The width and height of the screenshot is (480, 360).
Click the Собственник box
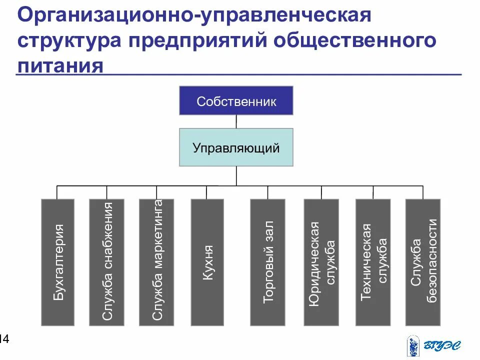tap(236, 100)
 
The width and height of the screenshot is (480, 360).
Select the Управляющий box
tap(236, 147)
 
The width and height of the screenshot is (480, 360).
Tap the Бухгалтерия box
tap(57, 262)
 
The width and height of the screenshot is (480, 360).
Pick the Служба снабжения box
tap(106, 262)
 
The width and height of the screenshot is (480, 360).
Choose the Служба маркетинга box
tap(156, 262)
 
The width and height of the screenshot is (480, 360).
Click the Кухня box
tap(207, 262)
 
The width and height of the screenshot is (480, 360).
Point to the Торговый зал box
tap(267, 262)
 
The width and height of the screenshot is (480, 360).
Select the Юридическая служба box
tap(321, 262)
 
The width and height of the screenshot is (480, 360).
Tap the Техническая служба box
tap(372, 262)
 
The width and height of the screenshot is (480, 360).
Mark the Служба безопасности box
tap(423, 262)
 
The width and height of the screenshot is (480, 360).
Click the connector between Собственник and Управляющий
tap(236, 121)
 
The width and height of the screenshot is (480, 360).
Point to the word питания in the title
tap(60, 65)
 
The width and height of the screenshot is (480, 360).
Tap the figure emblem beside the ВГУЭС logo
tap(413, 345)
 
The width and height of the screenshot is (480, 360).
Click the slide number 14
tap(4, 339)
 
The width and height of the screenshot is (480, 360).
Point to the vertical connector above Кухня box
tap(206, 192)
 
